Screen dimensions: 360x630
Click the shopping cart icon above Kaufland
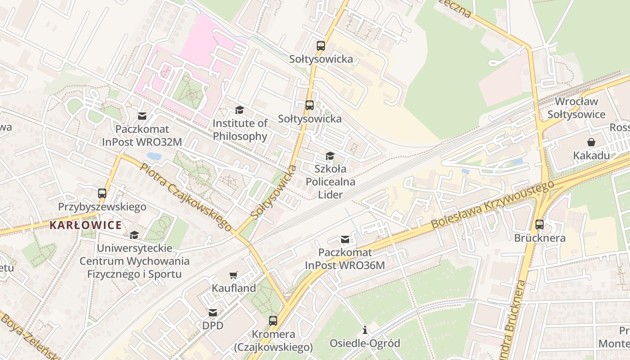[233, 275]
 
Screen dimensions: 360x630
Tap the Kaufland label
[234, 288]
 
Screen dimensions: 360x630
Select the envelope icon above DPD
[213, 312]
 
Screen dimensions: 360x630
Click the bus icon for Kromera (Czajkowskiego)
[273, 321]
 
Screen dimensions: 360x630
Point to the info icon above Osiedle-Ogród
[365, 330]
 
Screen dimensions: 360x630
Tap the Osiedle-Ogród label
[365, 343]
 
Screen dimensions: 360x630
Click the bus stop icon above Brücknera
[540, 224]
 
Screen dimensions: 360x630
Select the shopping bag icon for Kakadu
[591, 142]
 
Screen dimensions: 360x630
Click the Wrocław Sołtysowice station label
[576, 108]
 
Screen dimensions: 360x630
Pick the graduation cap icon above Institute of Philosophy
[239, 110]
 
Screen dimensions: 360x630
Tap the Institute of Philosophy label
[240, 130]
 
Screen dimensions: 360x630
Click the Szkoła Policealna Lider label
[331, 182]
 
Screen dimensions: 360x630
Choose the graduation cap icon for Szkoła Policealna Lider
[330, 156]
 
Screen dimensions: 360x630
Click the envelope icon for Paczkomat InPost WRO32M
[142, 116]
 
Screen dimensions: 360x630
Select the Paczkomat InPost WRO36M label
[345, 259]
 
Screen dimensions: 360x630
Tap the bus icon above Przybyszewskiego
[102, 193]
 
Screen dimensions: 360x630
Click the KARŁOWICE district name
[85, 225]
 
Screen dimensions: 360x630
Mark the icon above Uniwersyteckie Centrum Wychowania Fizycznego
[134, 235]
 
